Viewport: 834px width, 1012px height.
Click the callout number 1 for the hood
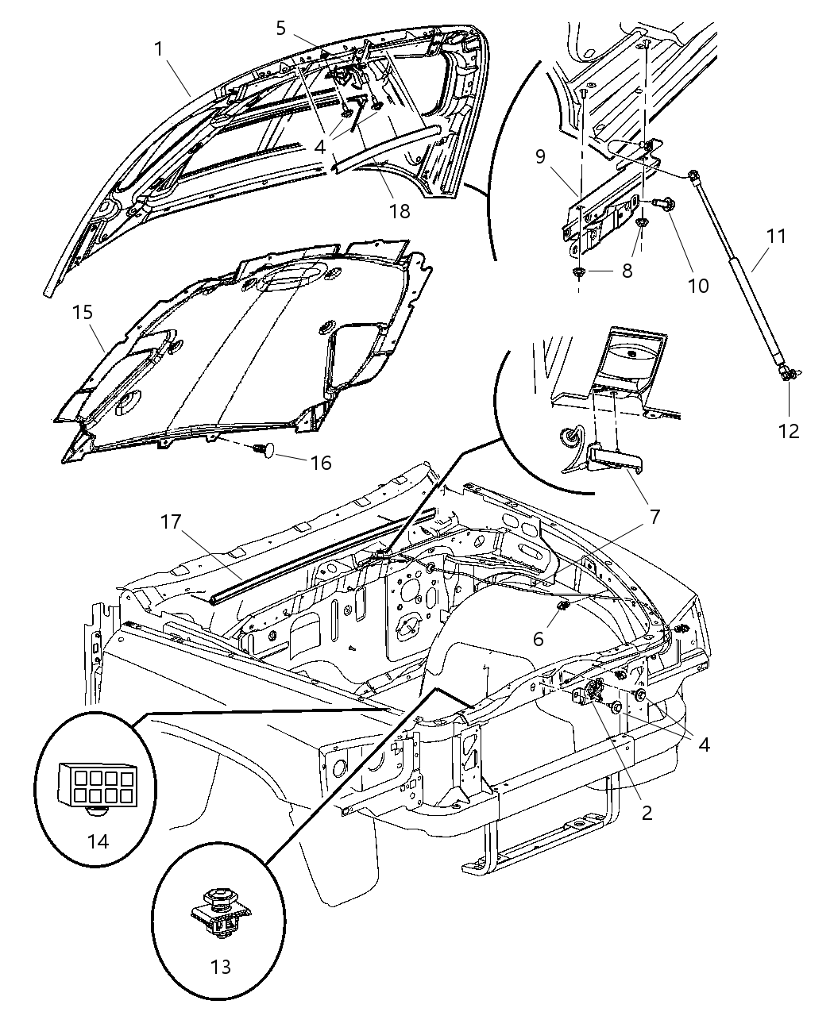click(158, 49)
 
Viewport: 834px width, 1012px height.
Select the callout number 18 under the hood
click(400, 211)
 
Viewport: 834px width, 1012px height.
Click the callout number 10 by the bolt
click(697, 285)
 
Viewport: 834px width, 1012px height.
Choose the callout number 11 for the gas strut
click(776, 237)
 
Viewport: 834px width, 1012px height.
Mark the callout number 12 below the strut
click(789, 431)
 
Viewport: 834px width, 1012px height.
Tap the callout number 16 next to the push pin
click(320, 462)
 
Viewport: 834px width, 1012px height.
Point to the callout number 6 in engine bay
click(538, 638)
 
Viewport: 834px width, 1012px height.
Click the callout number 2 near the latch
click(647, 812)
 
